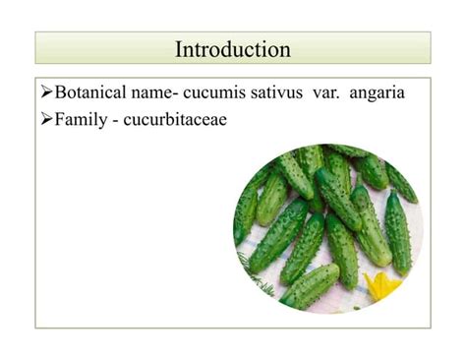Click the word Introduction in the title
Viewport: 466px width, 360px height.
pos(233,48)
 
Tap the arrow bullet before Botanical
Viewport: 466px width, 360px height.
pos(46,94)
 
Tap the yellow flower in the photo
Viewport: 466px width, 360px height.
pos(381,285)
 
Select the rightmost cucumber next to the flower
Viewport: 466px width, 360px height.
pos(398,232)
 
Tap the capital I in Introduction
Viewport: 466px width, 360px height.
pos(179,48)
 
